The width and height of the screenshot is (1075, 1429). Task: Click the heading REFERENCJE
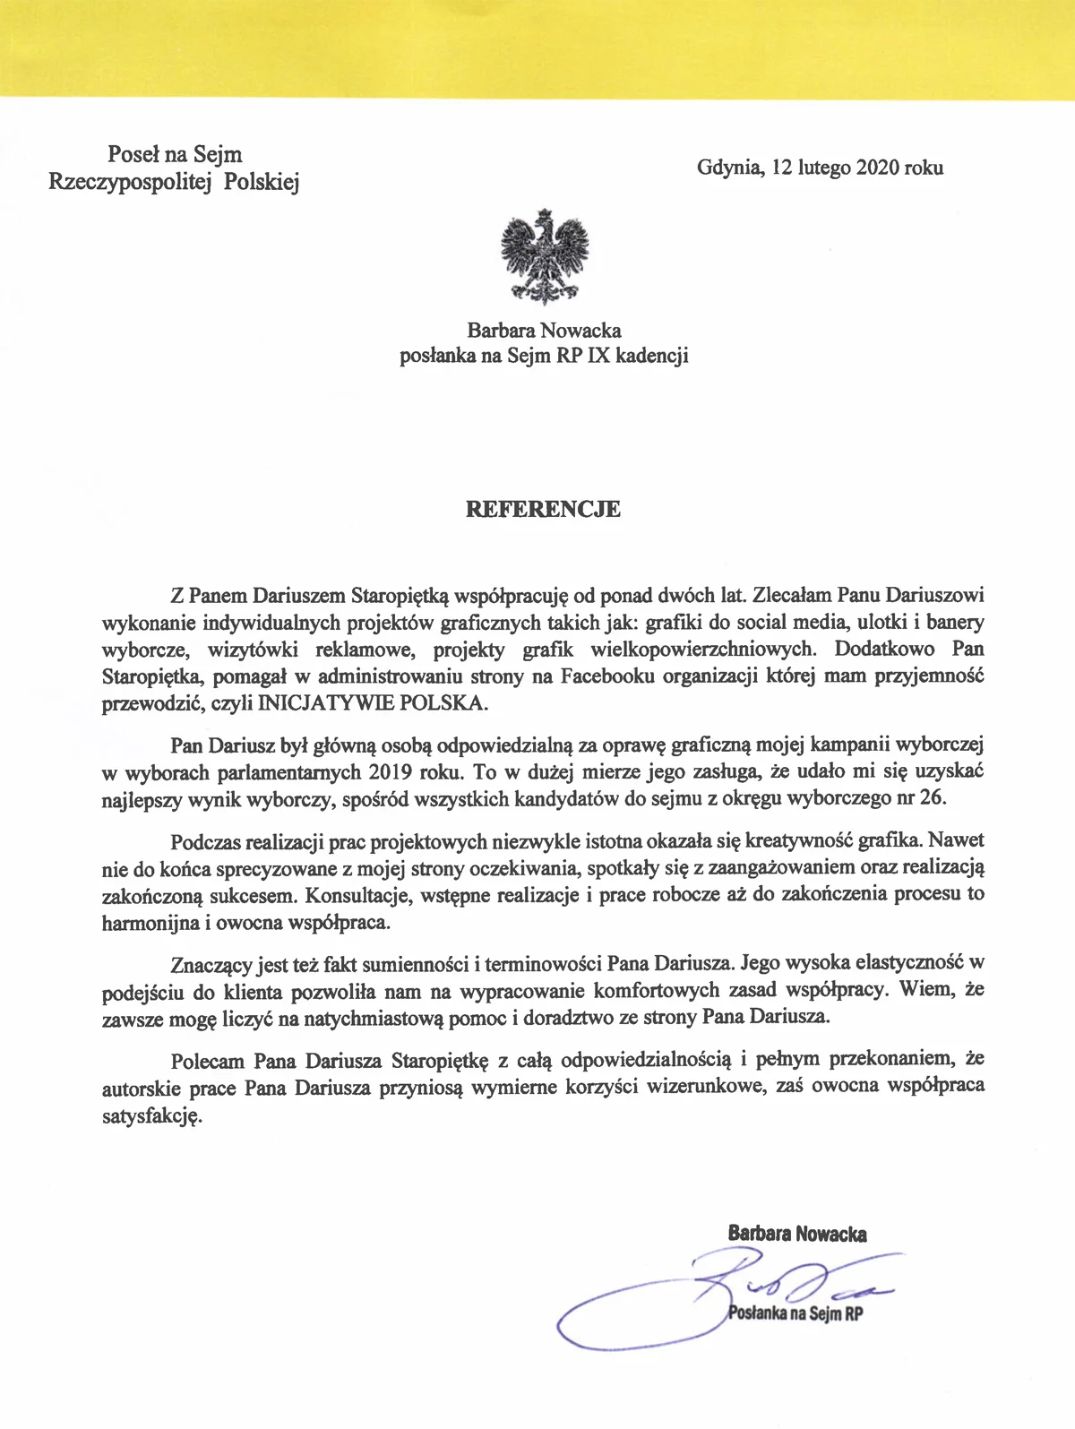[543, 510]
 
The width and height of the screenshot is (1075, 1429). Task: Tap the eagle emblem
[546, 257]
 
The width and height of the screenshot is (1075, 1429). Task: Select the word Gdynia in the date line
[728, 168]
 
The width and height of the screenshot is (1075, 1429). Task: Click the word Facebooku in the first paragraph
[609, 676]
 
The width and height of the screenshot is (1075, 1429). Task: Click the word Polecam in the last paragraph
[206, 1060]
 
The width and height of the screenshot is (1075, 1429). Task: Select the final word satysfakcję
[152, 1116]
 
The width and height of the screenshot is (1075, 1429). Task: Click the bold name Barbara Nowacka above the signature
[797, 1234]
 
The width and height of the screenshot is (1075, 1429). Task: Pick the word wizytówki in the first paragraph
[243, 650]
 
